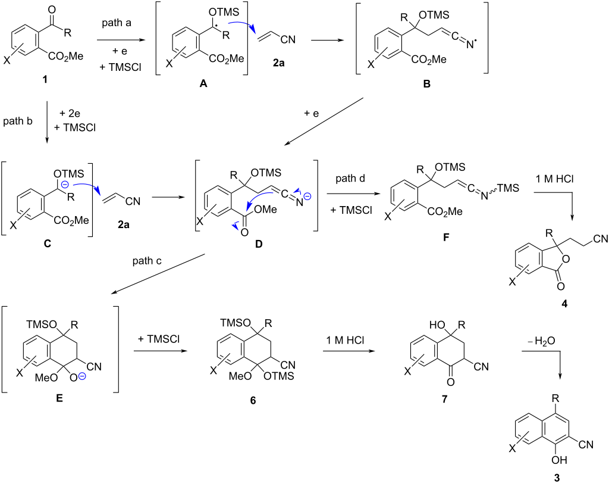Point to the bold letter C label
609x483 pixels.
pyautogui.click(x=48, y=245)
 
